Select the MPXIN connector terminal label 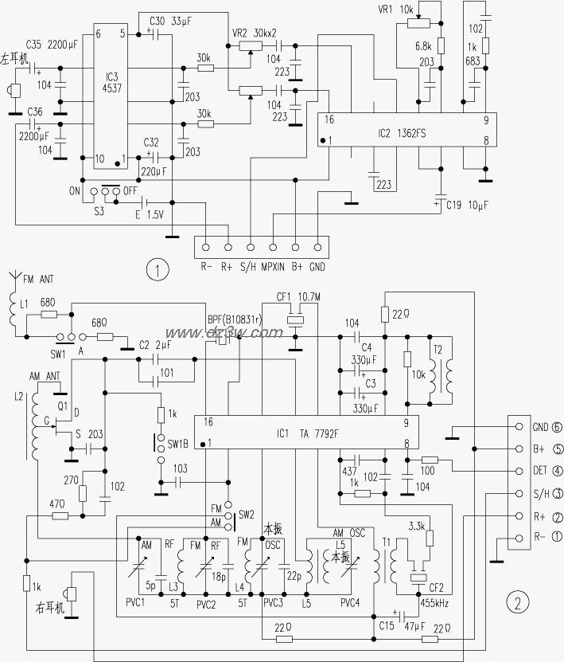pyautogui.click(x=274, y=267)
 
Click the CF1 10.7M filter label pyautogui.click(x=298, y=296)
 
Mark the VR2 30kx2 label pyautogui.click(x=255, y=33)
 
